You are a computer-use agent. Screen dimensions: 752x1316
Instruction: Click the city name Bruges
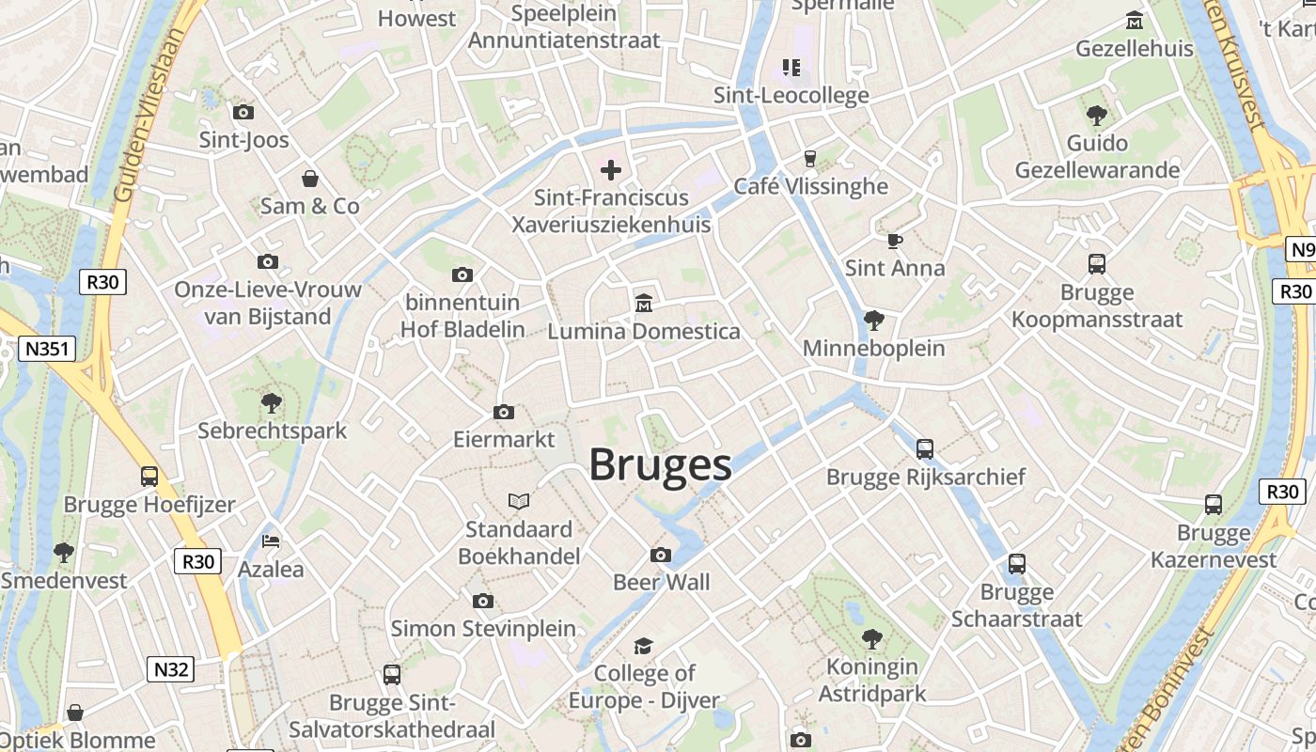pos(660,465)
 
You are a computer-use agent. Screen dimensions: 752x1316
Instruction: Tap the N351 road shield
pos(46,350)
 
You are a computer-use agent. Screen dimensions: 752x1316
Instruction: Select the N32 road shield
pos(171,669)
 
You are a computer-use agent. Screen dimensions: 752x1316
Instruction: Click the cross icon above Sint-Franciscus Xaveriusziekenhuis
pos(611,170)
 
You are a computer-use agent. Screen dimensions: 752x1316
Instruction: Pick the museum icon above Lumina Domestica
pos(644,303)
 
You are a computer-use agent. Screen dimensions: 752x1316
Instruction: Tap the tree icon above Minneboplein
pos(874,321)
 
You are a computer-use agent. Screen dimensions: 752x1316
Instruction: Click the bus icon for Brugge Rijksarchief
pos(925,449)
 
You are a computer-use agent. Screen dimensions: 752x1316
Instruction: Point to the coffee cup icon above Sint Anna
pos(894,241)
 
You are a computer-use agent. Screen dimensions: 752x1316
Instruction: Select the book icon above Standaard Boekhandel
pos(519,501)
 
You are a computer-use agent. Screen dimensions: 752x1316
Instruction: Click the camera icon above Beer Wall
pos(661,555)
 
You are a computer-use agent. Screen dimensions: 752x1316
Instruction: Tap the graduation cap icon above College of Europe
pos(643,646)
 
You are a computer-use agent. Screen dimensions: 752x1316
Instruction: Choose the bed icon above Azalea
pos(271,541)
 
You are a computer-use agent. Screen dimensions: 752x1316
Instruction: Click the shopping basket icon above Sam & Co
pos(310,178)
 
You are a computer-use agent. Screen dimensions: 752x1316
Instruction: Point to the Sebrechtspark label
pos(273,431)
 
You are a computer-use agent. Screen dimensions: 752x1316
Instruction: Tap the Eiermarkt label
pos(504,439)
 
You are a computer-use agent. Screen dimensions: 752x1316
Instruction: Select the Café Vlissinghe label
pos(810,186)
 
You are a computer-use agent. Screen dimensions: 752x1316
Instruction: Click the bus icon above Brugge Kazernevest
pos(1214,505)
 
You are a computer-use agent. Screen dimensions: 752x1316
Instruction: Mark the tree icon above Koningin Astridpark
pos(872,639)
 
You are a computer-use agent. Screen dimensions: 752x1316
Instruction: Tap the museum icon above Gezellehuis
pos(1135,21)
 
